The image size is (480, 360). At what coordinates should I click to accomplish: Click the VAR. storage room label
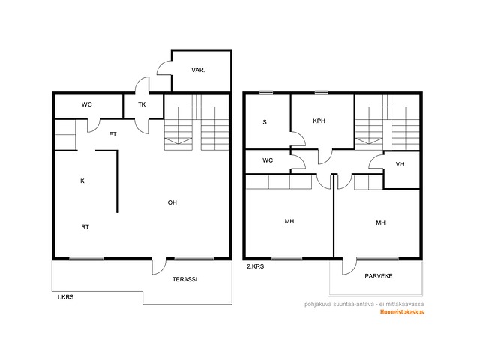pyautogui.click(x=198, y=70)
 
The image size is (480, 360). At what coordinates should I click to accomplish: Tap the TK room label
pyautogui.click(x=142, y=104)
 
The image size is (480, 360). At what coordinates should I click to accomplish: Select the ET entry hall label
pyautogui.click(x=113, y=134)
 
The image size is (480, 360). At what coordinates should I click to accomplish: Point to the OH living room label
pyautogui.click(x=172, y=202)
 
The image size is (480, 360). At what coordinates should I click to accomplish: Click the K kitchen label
pyautogui.click(x=82, y=181)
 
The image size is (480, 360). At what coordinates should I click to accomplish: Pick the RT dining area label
pyautogui.click(x=85, y=226)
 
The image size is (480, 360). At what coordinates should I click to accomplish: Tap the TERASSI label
pyautogui.click(x=185, y=279)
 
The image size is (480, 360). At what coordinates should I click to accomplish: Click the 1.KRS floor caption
pyautogui.click(x=65, y=297)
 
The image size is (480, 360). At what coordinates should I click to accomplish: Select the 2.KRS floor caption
pyautogui.click(x=255, y=266)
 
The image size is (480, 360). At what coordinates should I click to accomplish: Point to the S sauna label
pyautogui.click(x=265, y=122)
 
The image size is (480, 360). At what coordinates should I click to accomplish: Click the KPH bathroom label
pyautogui.click(x=319, y=121)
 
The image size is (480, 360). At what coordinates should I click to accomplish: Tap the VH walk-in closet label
pyautogui.click(x=400, y=164)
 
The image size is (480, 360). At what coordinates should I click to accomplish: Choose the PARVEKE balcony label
pyautogui.click(x=379, y=276)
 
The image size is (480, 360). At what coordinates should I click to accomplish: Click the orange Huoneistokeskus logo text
pyautogui.click(x=402, y=312)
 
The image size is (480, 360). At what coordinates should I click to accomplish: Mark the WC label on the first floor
pyautogui.click(x=87, y=104)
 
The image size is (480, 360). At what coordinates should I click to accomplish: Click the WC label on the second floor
pyautogui.click(x=268, y=160)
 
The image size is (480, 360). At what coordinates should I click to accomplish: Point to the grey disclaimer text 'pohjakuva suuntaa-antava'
pyautogui.click(x=339, y=304)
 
